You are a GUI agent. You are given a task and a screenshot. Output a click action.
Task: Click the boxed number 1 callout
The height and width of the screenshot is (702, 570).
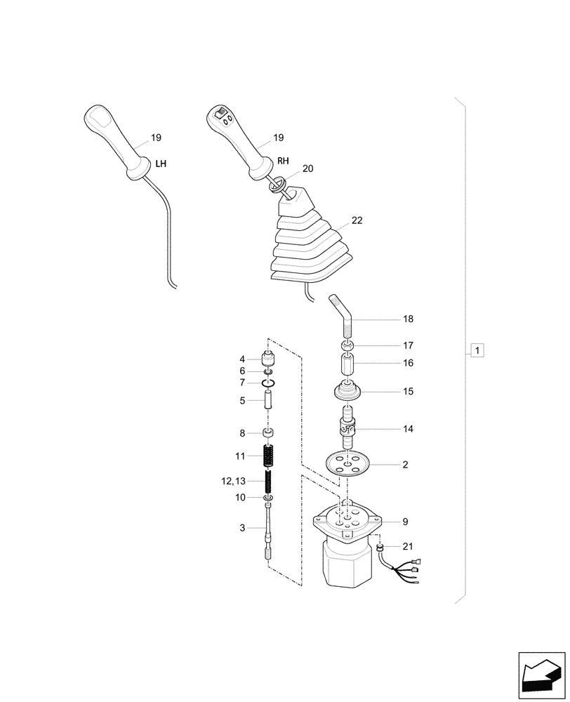coord(477,350)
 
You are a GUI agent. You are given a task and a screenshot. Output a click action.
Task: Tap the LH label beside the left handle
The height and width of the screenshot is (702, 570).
coord(161,164)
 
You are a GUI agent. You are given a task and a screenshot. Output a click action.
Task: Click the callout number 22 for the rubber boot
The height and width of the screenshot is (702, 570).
coord(357,220)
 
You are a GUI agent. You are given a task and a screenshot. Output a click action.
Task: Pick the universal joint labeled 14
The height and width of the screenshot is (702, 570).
coord(349,428)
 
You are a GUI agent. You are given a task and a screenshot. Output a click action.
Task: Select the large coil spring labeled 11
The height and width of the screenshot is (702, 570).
coord(269,456)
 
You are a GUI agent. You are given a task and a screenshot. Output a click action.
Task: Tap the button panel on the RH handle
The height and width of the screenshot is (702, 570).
coord(224,115)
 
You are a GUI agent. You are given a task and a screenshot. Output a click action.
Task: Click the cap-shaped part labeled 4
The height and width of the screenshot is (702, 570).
coord(268,358)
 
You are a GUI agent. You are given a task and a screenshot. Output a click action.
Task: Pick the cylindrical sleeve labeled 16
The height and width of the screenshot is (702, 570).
coord(348,365)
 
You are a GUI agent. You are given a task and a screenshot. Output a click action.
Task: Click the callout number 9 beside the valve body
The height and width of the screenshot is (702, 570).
coord(406,522)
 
